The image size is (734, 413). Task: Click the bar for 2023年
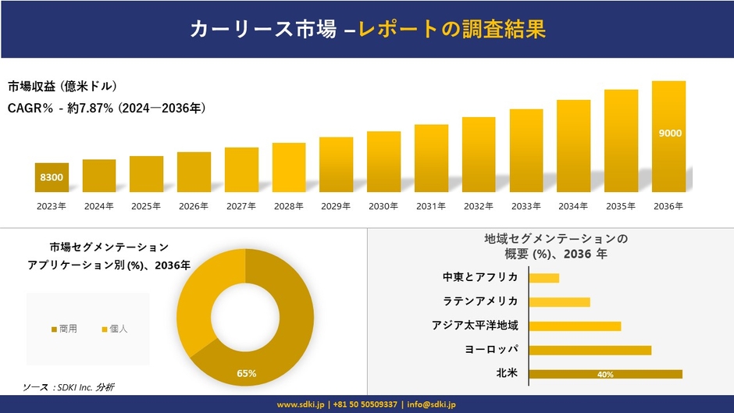click(x=52, y=177)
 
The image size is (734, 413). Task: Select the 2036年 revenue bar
click(x=669, y=137)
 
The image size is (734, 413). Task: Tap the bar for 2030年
click(x=383, y=162)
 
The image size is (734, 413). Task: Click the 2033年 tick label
click(x=526, y=206)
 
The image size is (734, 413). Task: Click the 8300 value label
click(x=52, y=178)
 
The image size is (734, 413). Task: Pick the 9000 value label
click(x=670, y=133)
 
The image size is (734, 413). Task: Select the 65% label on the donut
click(x=247, y=373)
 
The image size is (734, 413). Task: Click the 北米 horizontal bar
click(x=605, y=374)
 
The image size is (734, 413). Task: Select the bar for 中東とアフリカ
click(x=544, y=278)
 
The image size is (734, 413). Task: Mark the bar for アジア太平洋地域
click(x=575, y=326)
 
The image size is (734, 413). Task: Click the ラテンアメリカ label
click(x=480, y=301)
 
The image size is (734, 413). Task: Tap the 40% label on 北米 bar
click(x=605, y=375)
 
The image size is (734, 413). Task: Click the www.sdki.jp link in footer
click(x=301, y=404)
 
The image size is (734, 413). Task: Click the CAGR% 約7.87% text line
click(x=107, y=108)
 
